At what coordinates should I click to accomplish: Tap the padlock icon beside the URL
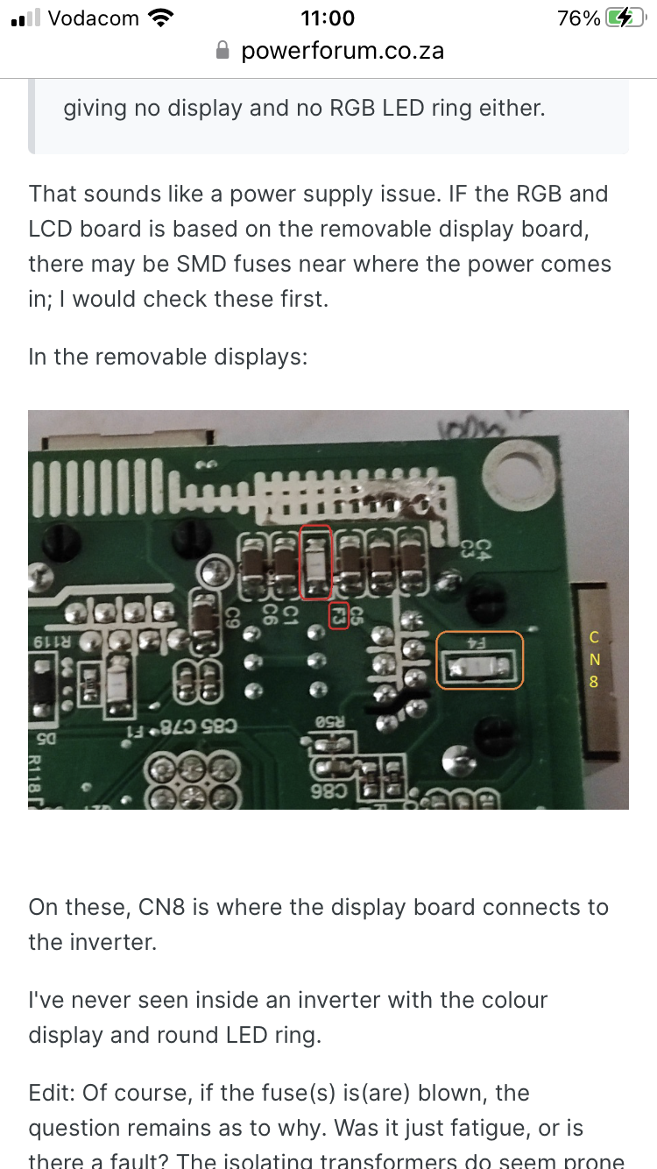(x=223, y=51)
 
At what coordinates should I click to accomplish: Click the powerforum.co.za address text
(x=343, y=51)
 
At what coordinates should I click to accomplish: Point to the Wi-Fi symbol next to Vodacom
(x=161, y=18)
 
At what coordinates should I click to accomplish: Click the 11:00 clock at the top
(x=328, y=18)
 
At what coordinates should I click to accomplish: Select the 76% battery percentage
(x=578, y=18)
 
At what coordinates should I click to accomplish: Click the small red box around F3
(x=339, y=616)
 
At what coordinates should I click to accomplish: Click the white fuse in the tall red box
(x=315, y=561)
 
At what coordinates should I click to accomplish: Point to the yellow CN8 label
(x=594, y=660)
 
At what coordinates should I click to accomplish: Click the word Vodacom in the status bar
(x=94, y=18)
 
